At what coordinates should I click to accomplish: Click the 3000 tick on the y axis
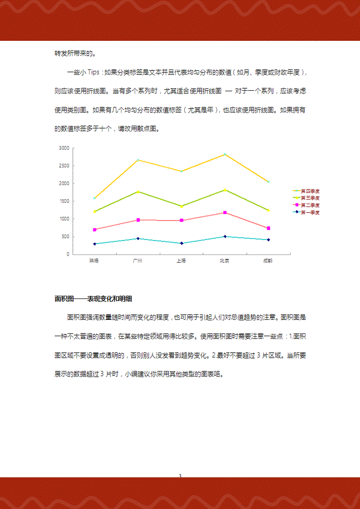[63, 148]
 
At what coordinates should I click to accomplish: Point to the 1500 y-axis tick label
[63, 201]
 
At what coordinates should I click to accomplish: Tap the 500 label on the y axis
[65, 237]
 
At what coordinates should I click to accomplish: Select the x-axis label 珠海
[94, 260]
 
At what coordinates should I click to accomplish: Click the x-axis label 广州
[138, 260]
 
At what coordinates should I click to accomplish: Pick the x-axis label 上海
[181, 260]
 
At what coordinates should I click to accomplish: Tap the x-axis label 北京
[225, 260]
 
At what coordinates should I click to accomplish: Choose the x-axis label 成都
[268, 260]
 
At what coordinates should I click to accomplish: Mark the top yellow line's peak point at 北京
[225, 154]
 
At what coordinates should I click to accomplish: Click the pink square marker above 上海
[181, 221]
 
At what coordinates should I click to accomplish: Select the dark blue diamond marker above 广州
[138, 239]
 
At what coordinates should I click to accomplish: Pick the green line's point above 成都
[268, 210]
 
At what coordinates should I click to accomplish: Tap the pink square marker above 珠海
[94, 230]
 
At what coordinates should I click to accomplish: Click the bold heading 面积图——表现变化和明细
[93, 299]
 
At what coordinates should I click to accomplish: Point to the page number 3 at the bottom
[180, 476]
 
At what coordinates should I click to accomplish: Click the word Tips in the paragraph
[93, 72]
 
